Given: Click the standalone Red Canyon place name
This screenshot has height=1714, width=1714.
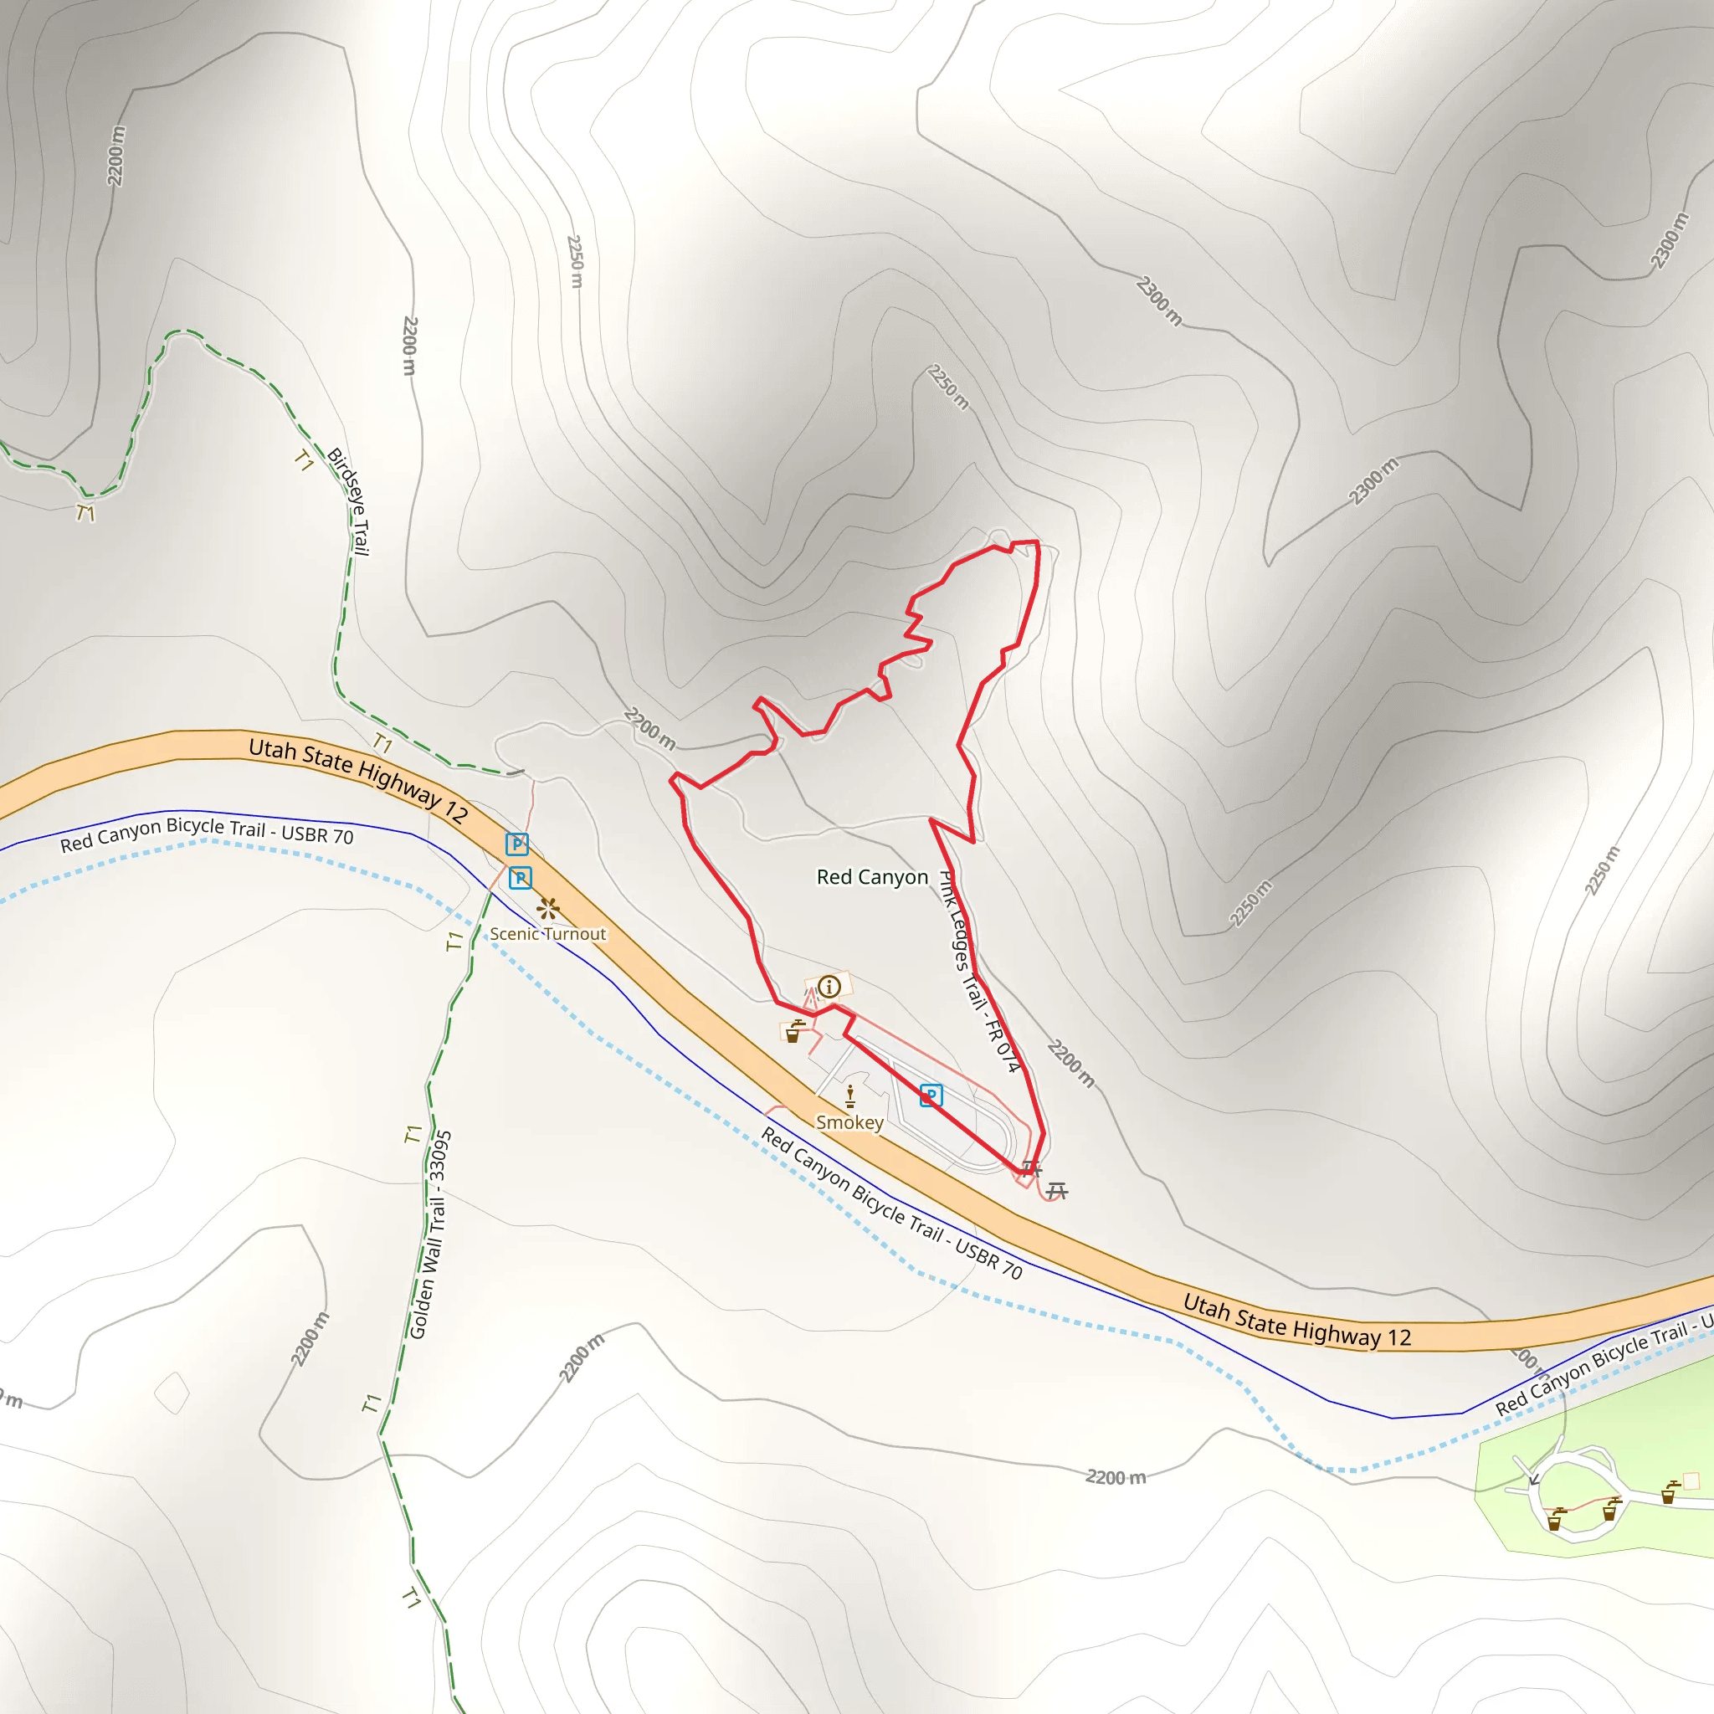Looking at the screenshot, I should (x=872, y=877).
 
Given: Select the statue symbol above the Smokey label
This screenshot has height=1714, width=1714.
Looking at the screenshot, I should (x=850, y=1096).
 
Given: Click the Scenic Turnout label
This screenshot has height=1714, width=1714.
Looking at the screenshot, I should (x=547, y=934).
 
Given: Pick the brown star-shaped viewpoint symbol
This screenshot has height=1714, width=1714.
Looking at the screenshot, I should (x=548, y=907).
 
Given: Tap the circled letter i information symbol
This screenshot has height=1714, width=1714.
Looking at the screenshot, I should (x=829, y=987).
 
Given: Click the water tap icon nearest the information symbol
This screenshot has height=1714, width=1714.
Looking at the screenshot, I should (x=794, y=1031).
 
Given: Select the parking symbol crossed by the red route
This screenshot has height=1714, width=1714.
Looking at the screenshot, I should (x=930, y=1096).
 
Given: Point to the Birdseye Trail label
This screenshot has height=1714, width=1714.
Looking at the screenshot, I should (x=349, y=501).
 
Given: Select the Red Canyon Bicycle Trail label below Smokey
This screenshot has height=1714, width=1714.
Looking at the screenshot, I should (x=891, y=1203).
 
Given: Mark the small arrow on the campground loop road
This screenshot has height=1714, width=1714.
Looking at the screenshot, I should (x=1533, y=1479).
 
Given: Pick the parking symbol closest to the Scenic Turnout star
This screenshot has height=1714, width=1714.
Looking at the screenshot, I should (x=520, y=877).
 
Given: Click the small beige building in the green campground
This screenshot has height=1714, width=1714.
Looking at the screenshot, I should (x=1691, y=1480).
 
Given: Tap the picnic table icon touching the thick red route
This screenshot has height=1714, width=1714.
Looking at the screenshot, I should (x=1030, y=1168).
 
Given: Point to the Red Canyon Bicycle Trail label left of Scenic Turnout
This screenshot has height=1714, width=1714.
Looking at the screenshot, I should (x=207, y=834).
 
